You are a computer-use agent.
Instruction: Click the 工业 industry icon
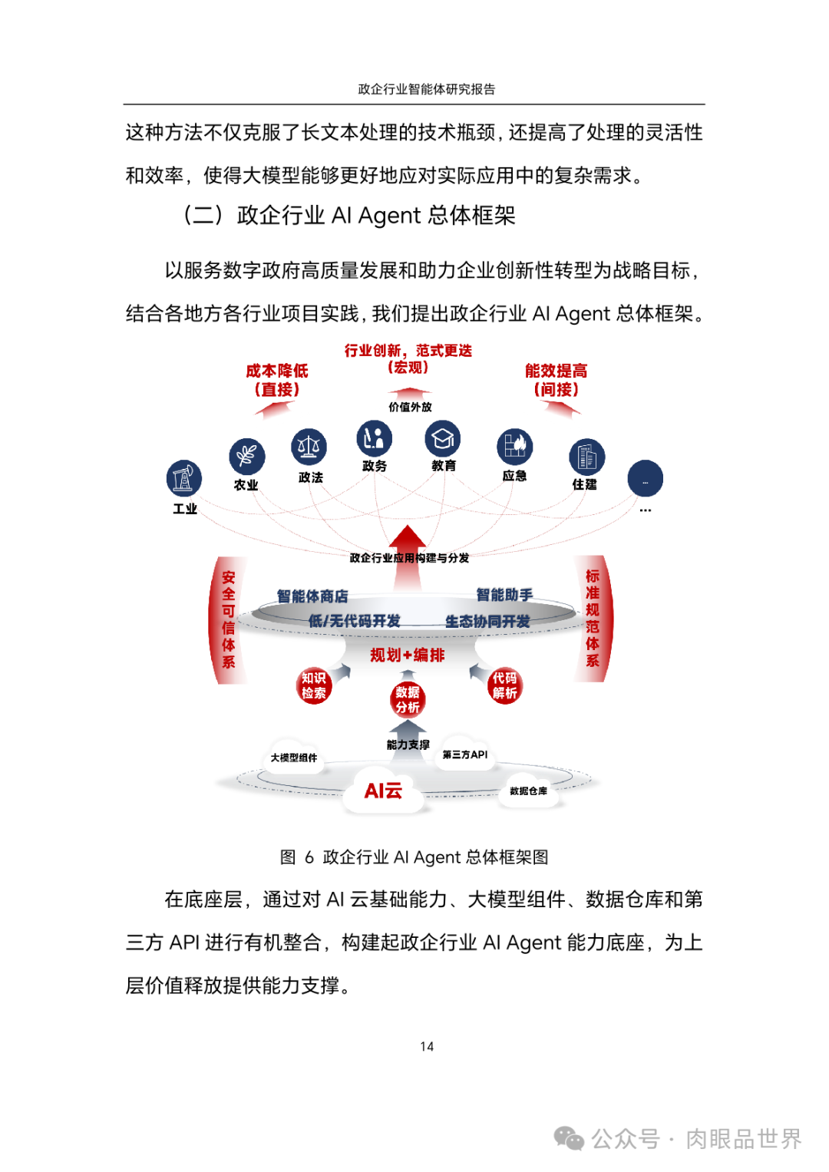(x=184, y=479)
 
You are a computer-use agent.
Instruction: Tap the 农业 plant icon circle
(x=246, y=456)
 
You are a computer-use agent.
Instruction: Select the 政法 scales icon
(x=309, y=447)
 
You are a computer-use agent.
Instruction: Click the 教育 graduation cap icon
(x=443, y=438)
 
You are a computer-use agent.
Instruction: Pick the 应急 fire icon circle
(x=514, y=447)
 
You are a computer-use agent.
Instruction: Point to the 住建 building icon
(x=586, y=457)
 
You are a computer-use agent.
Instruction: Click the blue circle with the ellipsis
(x=645, y=479)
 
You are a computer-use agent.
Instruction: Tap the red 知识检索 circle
(x=314, y=685)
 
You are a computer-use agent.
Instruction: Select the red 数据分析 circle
(x=407, y=699)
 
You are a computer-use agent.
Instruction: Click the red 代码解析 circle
(x=504, y=685)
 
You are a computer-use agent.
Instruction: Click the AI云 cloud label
(x=383, y=791)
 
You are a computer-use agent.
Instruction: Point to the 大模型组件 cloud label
(x=293, y=758)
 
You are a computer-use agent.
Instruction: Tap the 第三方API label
(x=464, y=754)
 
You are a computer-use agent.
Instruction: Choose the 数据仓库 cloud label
(x=528, y=791)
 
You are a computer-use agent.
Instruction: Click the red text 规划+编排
(x=407, y=655)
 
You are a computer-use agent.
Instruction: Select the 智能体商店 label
(x=312, y=596)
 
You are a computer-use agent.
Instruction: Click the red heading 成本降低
(x=277, y=371)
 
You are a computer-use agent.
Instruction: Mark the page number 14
(x=427, y=1046)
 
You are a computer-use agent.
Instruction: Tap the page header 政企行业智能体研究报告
(x=426, y=89)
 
